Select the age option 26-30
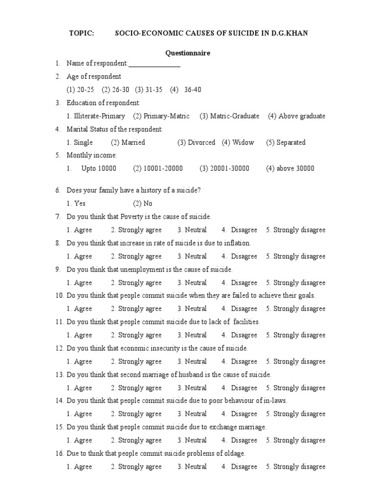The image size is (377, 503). [x=116, y=90]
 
